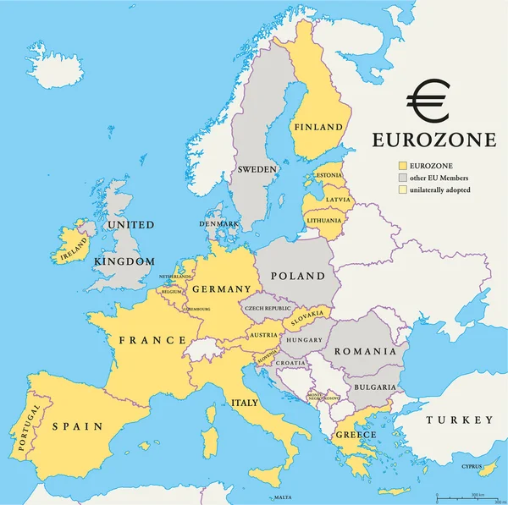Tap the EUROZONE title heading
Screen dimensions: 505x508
point(435,140)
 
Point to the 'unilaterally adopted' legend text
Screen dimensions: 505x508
point(440,189)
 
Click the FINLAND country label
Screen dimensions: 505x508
point(317,128)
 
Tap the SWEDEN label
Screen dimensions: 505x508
point(257,169)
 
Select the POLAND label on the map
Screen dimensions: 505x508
point(297,277)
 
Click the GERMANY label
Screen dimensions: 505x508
point(222,289)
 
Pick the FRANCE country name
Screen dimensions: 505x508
point(152,340)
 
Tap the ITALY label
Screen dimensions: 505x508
point(246,403)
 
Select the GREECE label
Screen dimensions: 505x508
point(356,435)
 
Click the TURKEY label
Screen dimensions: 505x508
point(459,420)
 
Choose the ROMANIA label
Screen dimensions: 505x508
point(364,351)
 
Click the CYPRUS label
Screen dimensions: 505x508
point(472,465)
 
